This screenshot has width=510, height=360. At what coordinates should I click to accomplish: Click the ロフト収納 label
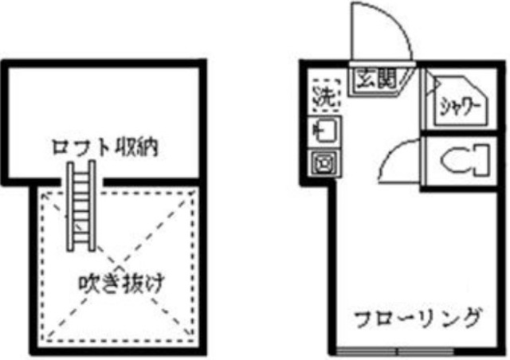[104, 148]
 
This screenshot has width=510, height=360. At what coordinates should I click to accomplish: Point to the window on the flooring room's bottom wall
[398, 351]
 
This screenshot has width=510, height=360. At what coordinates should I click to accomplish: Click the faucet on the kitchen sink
[318, 127]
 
